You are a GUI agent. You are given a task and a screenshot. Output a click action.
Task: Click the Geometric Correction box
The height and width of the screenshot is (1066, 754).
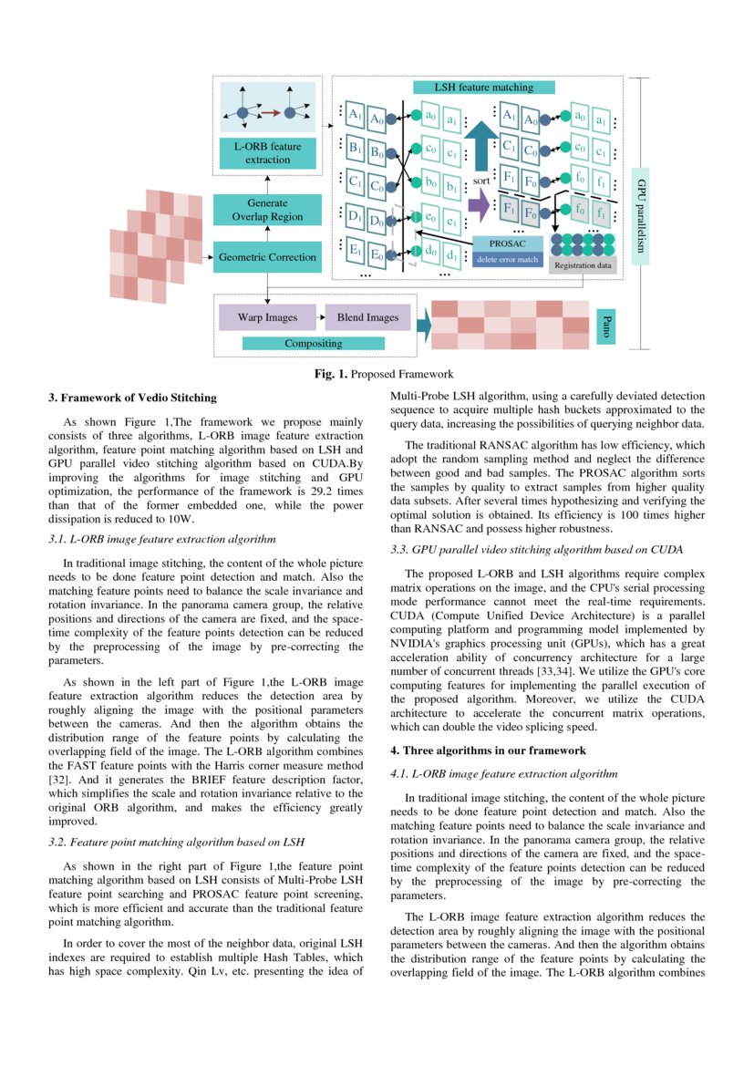click(x=267, y=257)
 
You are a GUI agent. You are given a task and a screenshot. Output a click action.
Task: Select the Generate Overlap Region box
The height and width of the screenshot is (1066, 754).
click(x=267, y=210)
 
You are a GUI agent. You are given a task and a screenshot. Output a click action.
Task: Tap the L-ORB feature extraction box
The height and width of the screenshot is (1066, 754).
click(x=267, y=152)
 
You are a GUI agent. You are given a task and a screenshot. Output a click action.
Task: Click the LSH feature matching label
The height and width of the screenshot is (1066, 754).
click(x=484, y=88)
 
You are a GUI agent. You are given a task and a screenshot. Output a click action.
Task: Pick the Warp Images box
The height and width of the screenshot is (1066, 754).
click(x=267, y=317)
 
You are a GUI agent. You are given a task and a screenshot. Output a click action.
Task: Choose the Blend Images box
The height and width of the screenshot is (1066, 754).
click(x=367, y=317)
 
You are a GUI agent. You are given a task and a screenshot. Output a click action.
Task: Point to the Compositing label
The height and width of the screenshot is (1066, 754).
click(x=314, y=344)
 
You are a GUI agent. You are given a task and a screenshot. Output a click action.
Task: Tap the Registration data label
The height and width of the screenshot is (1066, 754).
click(x=584, y=265)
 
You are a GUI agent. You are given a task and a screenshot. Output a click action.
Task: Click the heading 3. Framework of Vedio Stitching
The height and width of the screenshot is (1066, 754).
click(x=132, y=398)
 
